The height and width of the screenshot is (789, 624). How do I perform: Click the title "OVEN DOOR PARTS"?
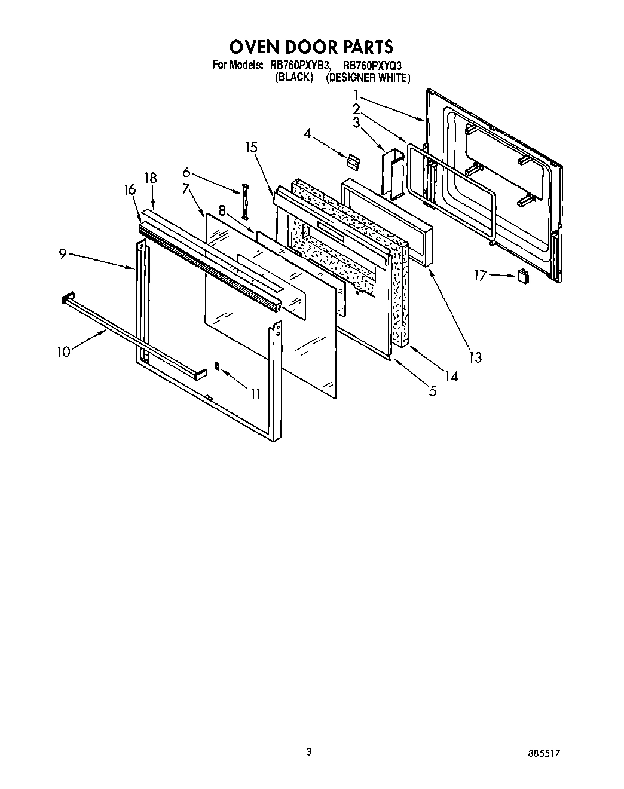[311, 47]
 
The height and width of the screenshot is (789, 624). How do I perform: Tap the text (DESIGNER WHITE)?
[368, 78]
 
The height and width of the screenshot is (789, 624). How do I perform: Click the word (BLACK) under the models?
[293, 78]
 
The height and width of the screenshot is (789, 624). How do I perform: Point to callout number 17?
[480, 276]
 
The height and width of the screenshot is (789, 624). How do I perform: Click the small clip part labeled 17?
[524, 276]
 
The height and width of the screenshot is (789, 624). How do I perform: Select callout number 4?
[307, 134]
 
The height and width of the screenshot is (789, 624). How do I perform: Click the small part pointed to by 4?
[353, 160]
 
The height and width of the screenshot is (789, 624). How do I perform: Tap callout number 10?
[64, 351]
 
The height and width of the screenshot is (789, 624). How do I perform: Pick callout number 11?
[255, 393]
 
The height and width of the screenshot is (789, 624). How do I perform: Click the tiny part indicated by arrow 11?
[218, 366]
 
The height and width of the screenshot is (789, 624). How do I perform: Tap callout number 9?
[62, 253]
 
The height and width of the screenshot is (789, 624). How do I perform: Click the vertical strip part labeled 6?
[244, 203]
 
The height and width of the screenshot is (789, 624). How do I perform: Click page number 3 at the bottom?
[308, 752]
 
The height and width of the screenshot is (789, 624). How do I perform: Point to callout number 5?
[432, 392]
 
